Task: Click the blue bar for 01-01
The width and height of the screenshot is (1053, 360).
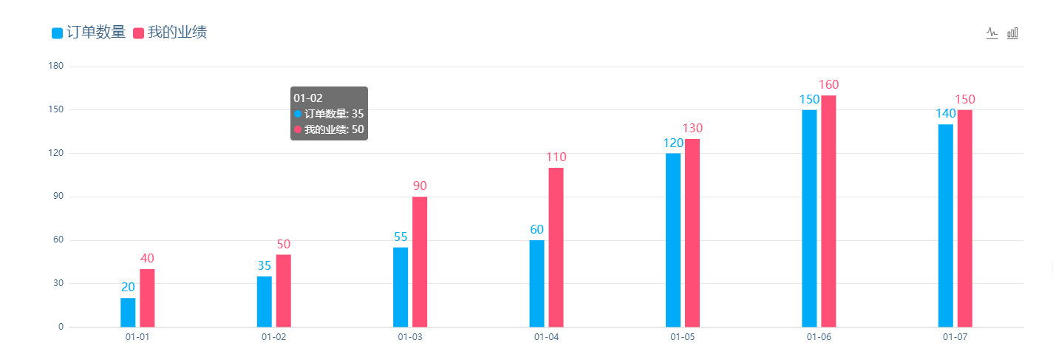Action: [128, 312]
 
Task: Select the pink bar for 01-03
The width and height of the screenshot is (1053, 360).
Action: [420, 262]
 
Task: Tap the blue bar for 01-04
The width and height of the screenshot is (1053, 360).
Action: [536, 283]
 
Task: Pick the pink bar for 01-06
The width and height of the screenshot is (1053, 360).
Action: [828, 211]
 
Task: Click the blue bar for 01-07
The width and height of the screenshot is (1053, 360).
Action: [945, 225]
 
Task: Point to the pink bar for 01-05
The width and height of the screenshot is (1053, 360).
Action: [692, 233]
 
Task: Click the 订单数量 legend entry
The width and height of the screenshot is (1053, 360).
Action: [89, 33]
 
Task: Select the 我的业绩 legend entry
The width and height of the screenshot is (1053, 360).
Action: [169, 33]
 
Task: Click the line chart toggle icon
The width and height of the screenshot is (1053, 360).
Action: [992, 33]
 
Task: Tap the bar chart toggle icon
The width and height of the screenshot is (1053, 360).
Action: [1012, 33]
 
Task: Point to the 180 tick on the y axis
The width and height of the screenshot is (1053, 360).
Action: [56, 67]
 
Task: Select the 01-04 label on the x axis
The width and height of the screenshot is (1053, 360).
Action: [546, 337]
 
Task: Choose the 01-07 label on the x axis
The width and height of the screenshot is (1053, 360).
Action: [955, 337]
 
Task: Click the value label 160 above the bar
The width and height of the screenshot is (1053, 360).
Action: [828, 85]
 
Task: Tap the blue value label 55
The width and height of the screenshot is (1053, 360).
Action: [401, 237]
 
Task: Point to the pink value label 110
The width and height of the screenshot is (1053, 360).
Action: [556, 157]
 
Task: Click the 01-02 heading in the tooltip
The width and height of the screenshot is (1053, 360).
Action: [308, 98]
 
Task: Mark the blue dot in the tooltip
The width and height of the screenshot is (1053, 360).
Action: [298, 114]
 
